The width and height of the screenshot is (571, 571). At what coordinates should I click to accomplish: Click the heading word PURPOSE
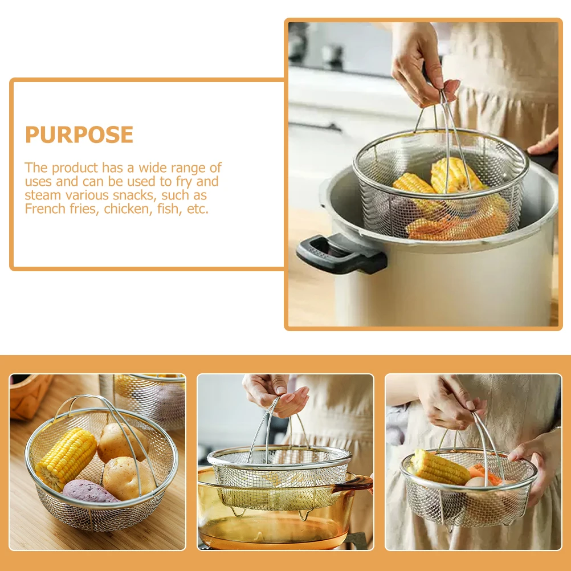[79, 135]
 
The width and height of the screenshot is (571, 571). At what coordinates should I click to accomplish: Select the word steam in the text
[42, 195]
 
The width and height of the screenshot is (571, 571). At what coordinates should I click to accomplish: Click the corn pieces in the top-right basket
[450, 177]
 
